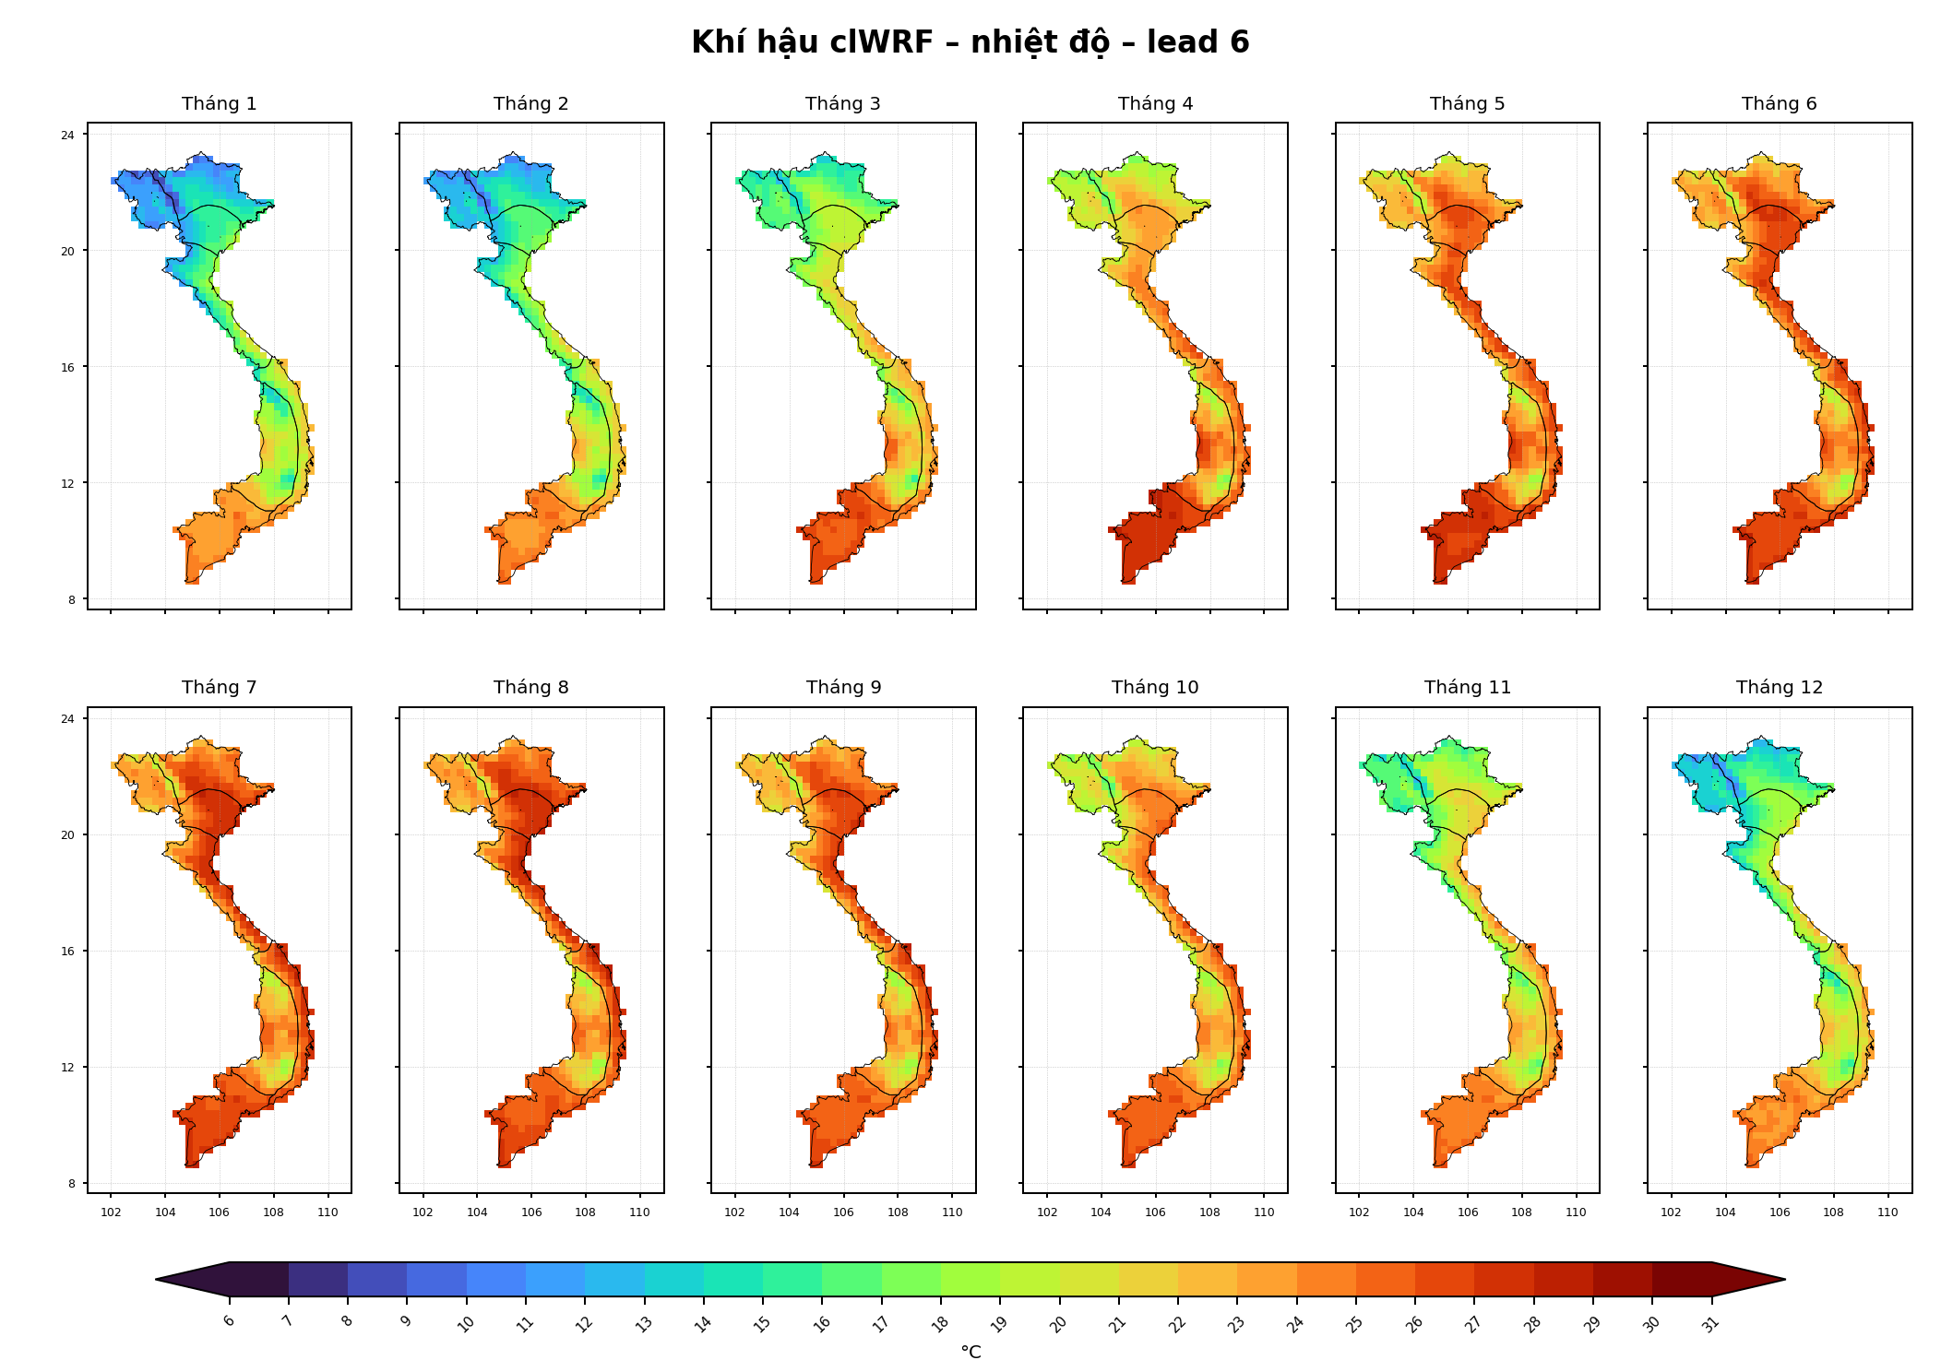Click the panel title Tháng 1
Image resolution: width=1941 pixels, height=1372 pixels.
(219, 104)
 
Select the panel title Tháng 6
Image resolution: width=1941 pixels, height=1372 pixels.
(1779, 104)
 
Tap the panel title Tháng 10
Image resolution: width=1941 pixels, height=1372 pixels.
(1155, 688)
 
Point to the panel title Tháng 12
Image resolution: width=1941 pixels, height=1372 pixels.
(1779, 688)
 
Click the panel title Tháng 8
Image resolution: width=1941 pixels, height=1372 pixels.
(530, 688)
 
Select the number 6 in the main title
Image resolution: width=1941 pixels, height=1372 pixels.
(1239, 42)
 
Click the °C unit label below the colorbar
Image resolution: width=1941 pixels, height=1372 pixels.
(970, 1352)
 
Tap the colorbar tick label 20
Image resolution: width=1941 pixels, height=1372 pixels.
(1058, 1324)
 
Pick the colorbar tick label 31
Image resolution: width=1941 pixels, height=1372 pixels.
(1710, 1324)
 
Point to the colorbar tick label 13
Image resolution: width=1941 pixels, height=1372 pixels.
(644, 1324)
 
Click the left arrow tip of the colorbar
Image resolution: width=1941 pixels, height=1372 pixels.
(157, 1280)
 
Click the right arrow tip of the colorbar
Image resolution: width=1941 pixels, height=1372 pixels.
(1784, 1280)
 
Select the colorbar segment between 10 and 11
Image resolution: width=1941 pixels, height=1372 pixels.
(496, 1280)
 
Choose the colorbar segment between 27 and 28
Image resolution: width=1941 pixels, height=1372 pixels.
(1504, 1280)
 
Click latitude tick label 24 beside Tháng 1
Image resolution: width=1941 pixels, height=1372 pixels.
(68, 136)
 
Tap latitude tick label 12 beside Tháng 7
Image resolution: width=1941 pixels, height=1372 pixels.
(68, 1068)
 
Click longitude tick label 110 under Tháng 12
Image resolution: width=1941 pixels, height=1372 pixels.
(1887, 1212)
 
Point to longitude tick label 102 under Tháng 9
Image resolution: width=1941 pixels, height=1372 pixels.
(734, 1212)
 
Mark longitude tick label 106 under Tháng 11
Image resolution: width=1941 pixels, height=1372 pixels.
(1468, 1212)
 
